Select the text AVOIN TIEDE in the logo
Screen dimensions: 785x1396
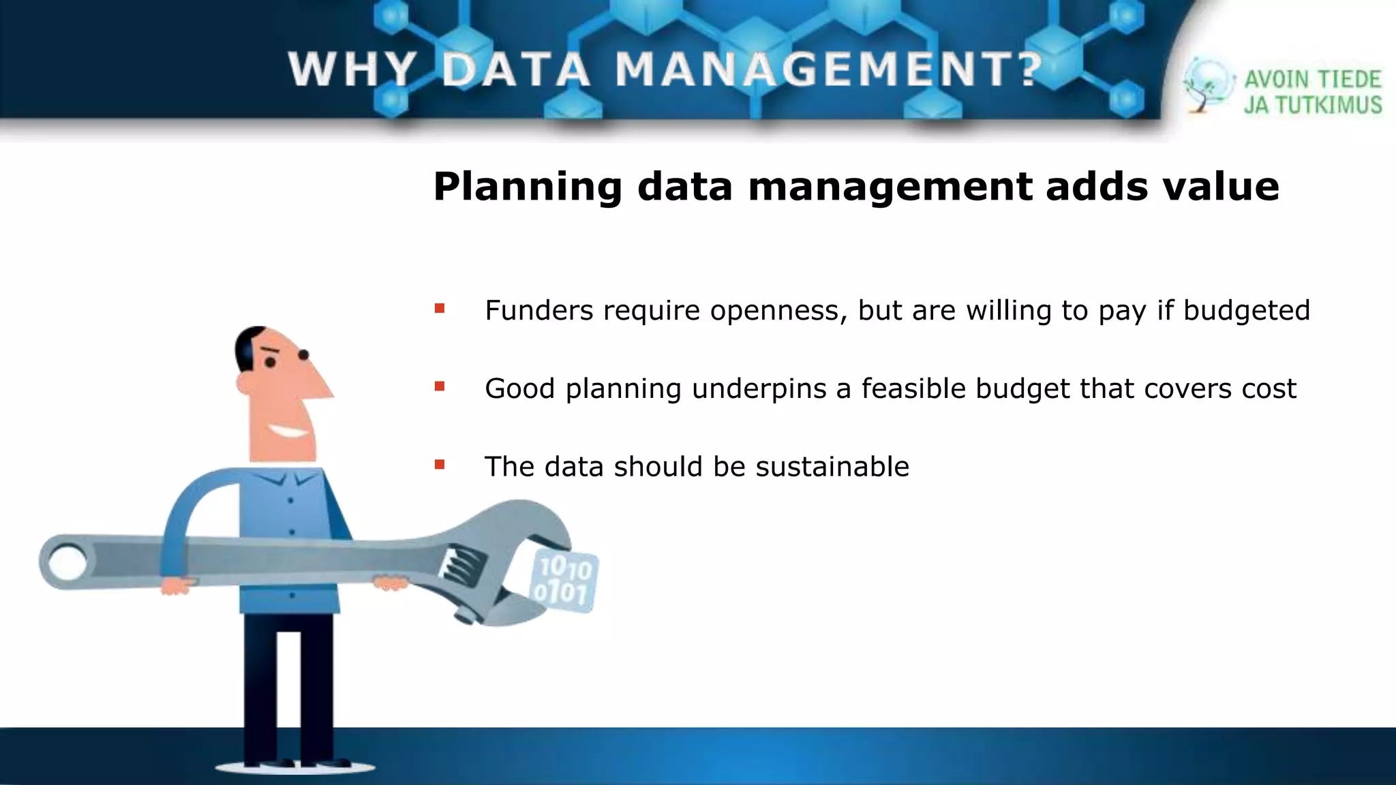[1312, 80]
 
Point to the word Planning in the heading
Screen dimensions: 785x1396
[528, 187]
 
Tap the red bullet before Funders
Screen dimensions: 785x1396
[440, 309]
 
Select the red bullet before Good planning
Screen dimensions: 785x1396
[440, 386]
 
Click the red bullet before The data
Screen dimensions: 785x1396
[440, 465]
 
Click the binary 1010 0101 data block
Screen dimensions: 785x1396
[562, 581]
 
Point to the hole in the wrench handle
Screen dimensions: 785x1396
[67, 564]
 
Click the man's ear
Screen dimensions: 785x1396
[243, 383]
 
